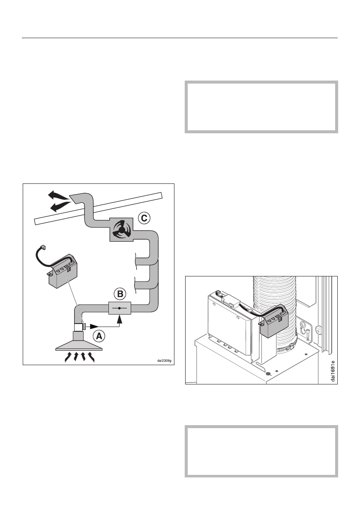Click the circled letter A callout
click(99, 337)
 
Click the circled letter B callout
click(120, 294)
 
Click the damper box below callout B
click(119, 308)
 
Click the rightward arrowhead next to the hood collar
click(103, 327)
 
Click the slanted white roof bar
click(99, 208)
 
